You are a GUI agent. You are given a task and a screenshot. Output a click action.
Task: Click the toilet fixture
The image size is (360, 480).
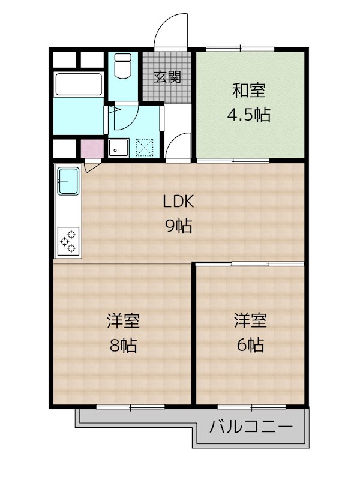[x=123, y=66]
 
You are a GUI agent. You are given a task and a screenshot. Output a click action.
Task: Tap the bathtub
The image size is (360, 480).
[x=79, y=85]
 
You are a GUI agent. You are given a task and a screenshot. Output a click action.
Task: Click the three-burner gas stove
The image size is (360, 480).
[x=68, y=241]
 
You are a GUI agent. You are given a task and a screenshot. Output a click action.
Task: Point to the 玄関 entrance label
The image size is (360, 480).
[x=167, y=77]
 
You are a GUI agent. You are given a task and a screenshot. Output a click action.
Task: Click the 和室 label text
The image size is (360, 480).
[x=249, y=91]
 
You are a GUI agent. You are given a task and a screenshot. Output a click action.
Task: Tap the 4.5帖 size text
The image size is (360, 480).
[x=249, y=115]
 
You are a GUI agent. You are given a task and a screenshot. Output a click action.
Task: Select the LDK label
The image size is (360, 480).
[x=178, y=202]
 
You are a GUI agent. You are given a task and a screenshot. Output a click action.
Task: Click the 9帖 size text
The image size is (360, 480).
[x=178, y=226]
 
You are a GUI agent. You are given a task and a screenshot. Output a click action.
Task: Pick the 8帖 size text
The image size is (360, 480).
[x=123, y=346]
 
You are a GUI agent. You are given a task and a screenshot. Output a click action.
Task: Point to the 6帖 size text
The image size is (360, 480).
[x=250, y=345]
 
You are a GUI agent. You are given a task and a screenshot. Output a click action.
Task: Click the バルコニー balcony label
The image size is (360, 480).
[x=251, y=427]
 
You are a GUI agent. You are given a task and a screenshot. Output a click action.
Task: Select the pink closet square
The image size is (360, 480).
[x=92, y=149]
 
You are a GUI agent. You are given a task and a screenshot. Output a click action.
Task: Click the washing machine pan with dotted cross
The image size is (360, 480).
[x=144, y=148]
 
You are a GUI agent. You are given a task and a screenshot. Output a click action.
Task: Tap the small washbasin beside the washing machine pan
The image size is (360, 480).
[x=119, y=148]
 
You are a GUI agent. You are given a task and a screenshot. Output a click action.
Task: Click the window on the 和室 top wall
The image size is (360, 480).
[x=240, y=49]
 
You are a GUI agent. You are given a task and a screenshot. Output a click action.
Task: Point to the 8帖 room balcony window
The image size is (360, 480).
[x=131, y=407]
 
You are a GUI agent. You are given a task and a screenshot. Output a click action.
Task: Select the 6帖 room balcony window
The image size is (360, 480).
[x=251, y=407]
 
